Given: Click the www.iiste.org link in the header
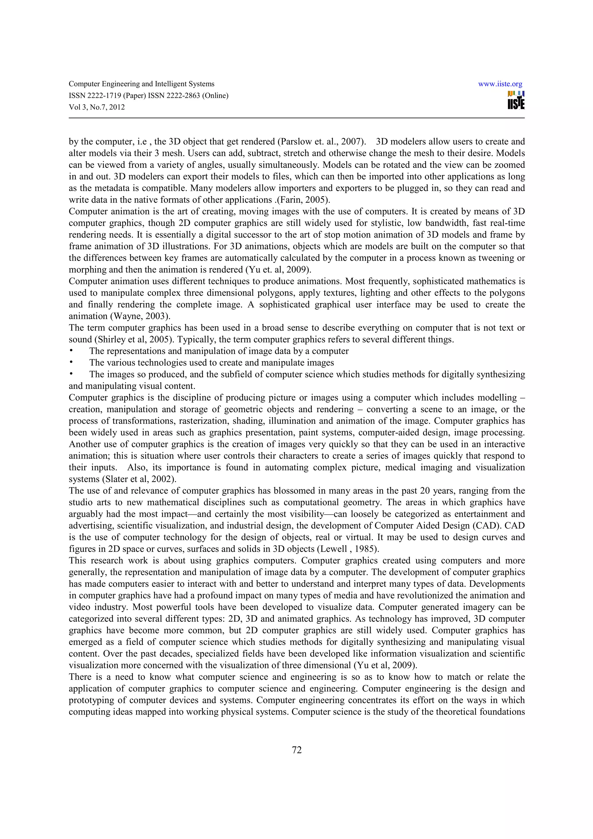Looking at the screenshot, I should coord(500,84).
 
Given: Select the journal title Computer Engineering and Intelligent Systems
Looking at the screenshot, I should coord(141,84).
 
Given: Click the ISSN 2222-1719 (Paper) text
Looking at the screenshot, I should coord(107,96).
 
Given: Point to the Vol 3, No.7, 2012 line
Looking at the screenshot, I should coord(97,107).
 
